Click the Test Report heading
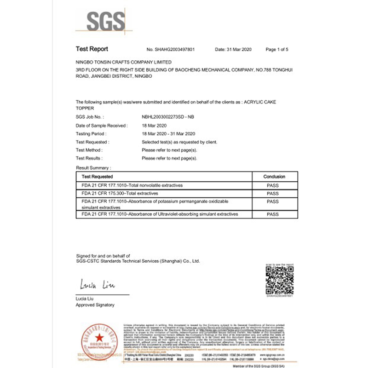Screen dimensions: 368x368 (x=92, y=49)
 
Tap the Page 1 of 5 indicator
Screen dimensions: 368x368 (x=277, y=49)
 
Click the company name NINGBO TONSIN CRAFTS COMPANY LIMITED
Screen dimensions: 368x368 (x=123, y=61)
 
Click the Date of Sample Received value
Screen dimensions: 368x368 (x=154, y=126)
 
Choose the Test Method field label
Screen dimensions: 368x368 (x=89, y=150)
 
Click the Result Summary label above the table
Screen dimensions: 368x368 (x=93, y=168)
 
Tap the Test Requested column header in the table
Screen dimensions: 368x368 (x=98, y=177)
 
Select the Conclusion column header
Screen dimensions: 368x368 (x=274, y=177)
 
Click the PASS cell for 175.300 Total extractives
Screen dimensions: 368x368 (x=273, y=194)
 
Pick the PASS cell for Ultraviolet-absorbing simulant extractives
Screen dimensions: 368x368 (x=273, y=214)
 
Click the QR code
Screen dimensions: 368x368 (x=280, y=280)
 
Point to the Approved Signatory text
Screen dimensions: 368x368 (x=95, y=305)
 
